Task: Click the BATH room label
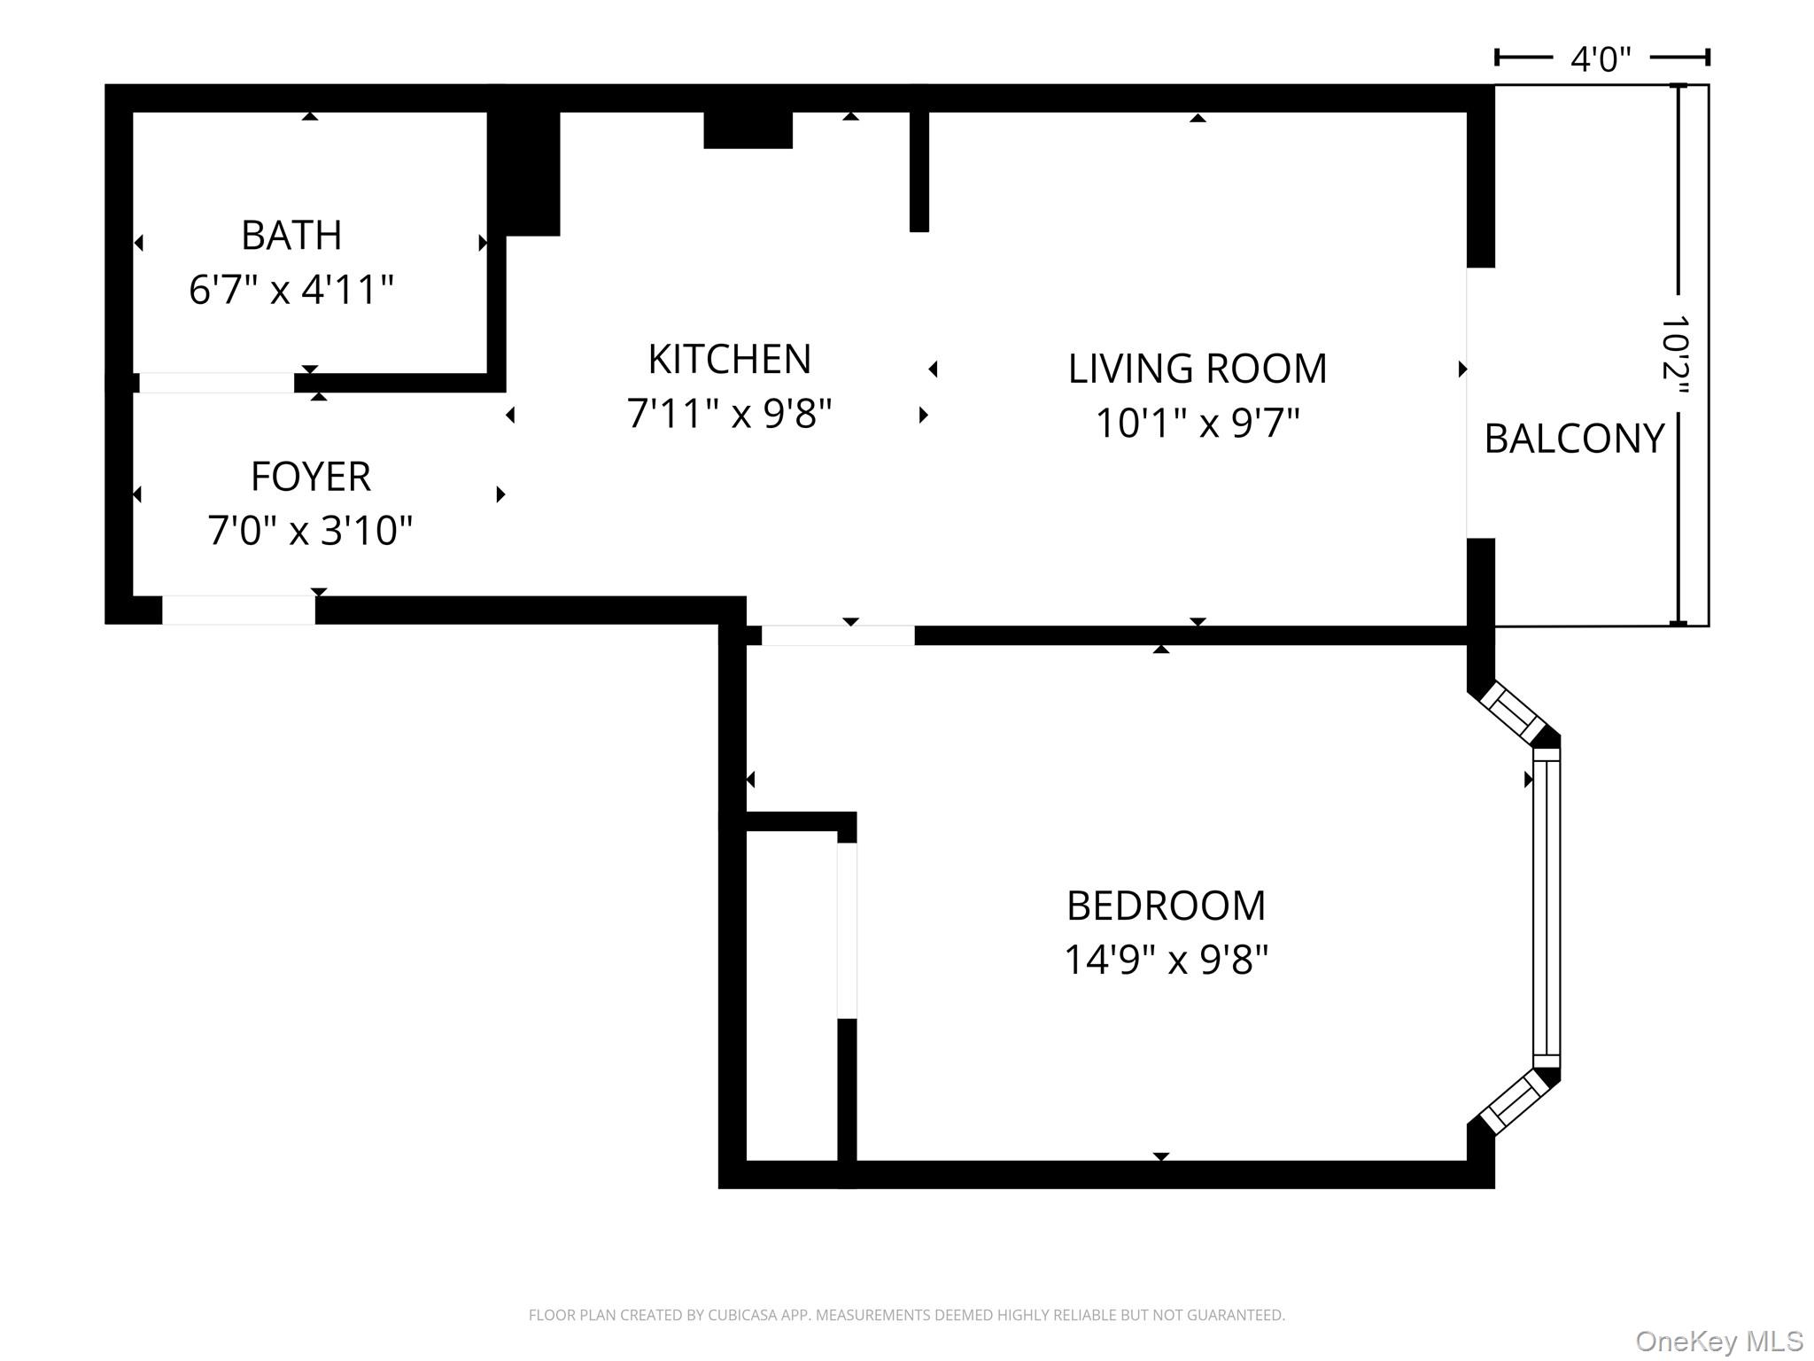291,236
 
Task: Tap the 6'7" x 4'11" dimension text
291,290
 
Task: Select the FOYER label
310,477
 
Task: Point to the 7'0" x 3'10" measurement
310,531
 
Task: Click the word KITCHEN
729,360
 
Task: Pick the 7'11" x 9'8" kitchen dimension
729,414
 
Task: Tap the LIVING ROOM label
1197,369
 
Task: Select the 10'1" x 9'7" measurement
1197,423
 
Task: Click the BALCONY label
1574,439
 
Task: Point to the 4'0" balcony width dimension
1601,59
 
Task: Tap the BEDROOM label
1166,906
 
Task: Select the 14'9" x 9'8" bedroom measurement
1166,960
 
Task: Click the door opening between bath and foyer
217,383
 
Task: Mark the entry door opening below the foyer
238,610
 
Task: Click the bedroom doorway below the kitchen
838,635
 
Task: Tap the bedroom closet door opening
847,929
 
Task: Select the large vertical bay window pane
1546,908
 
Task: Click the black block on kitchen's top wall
748,130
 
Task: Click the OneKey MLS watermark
1718,1342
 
